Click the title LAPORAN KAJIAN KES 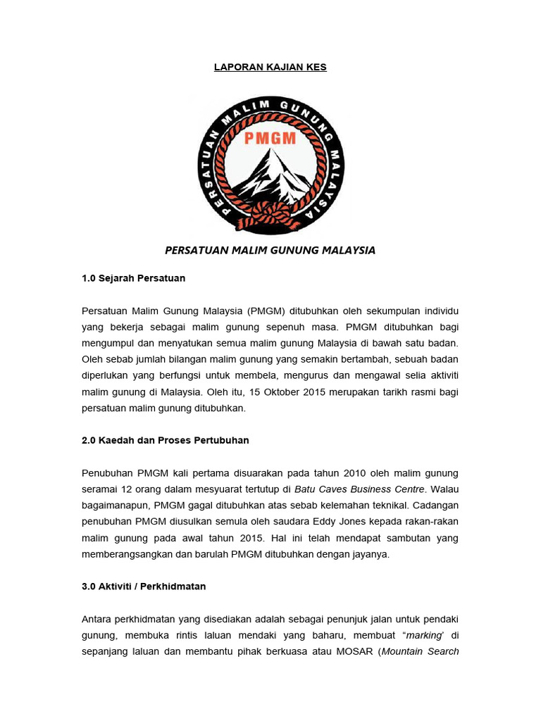(x=270, y=68)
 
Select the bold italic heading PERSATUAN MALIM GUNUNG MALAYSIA (x=270, y=250)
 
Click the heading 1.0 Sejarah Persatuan (x=133, y=278)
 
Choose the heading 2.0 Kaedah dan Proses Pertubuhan (x=166, y=440)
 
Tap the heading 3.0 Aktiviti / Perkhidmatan (x=144, y=586)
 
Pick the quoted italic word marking (x=420, y=635)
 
